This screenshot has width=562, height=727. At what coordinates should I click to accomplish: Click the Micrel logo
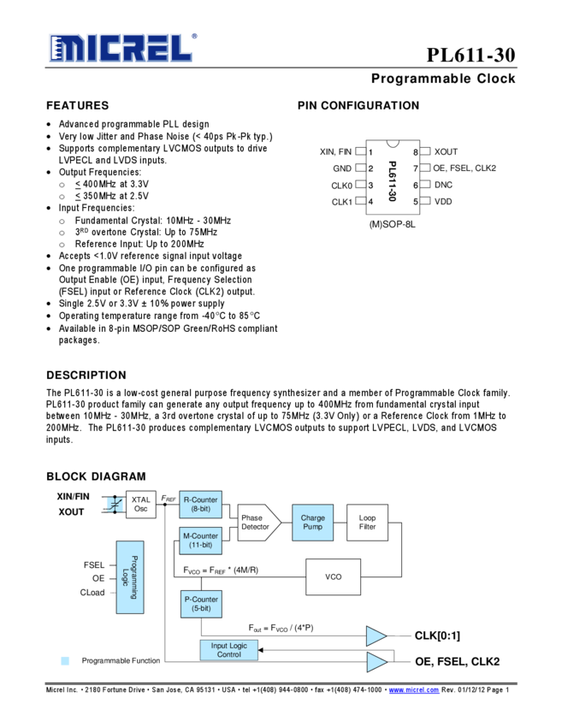119,48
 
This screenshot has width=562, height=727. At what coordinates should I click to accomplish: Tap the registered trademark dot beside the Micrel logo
194,37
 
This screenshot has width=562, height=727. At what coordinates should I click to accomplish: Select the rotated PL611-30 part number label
392,181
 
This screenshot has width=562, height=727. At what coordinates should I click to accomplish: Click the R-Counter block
201,504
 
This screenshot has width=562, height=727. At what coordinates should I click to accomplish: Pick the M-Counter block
201,541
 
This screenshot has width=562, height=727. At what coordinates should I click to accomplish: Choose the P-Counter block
201,604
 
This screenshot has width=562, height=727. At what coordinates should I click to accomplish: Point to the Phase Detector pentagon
258,523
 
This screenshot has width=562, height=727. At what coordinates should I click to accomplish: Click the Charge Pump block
312,523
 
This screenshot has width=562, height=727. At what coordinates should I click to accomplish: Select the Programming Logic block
130,576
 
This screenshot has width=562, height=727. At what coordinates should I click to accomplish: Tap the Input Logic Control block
228,650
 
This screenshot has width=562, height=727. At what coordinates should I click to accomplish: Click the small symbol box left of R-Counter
115,504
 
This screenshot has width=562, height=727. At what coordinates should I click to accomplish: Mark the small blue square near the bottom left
65,660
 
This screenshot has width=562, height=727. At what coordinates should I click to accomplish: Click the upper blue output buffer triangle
376,636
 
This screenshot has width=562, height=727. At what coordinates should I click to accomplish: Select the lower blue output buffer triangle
376,662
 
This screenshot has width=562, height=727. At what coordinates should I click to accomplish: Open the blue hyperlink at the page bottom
414,690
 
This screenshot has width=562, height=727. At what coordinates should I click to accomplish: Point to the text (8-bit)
201,509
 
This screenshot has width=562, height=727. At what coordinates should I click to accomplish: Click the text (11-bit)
201,546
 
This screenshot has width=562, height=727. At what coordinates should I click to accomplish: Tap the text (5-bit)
201,609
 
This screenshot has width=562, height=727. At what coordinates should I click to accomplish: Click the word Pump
312,527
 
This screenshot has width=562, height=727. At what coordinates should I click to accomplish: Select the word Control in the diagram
228,655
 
